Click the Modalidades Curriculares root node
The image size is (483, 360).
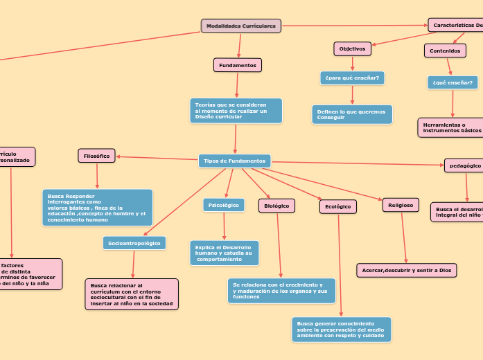tap(241, 26)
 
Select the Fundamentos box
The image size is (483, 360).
tap(238, 65)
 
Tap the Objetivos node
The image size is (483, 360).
tap(352, 49)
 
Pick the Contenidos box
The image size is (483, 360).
tap(445, 51)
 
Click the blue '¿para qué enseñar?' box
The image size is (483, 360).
tap(352, 78)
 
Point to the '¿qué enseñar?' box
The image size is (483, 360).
tap(453, 82)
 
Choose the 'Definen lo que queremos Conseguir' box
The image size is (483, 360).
tap(352, 114)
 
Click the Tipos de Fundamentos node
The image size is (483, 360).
tap(234, 161)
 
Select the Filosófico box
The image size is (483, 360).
tap(97, 156)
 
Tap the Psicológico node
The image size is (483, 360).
tap(224, 205)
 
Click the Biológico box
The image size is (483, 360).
tap(276, 206)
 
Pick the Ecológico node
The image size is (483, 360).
tap(337, 206)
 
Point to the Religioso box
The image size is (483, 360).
tap(401, 205)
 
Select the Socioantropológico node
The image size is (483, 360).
tap(134, 243)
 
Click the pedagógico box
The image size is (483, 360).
tap(464, 165)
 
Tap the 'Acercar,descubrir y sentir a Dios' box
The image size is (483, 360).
tap(407, 270)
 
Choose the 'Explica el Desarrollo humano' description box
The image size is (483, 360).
tap(224, 253)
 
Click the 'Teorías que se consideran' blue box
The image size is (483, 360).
tap(236, 111)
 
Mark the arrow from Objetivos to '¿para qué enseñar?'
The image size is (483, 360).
tap(352, 63)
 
